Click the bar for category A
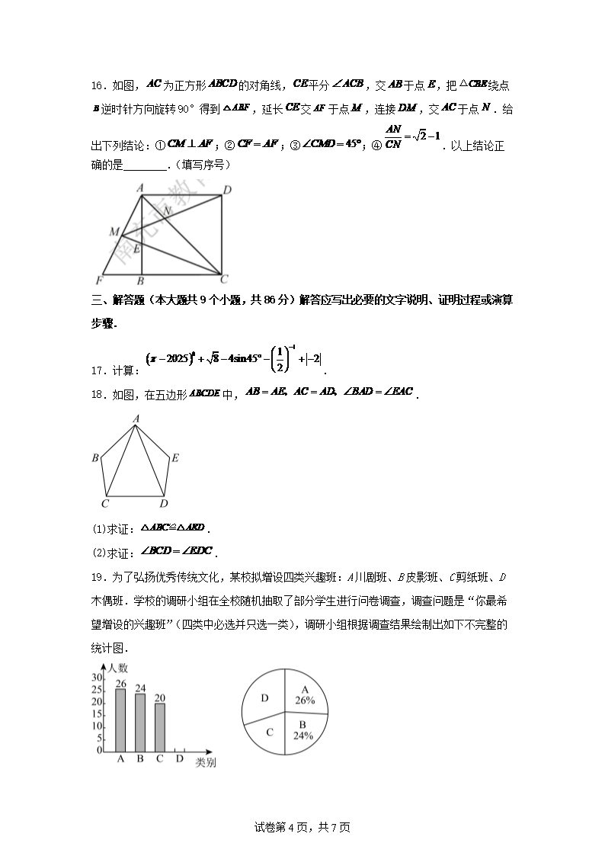(120, 720)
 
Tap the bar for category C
(159, 726)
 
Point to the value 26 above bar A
(120, 684)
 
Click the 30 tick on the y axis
(97, 678)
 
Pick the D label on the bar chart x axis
(180, 759)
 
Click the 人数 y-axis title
(117, 668)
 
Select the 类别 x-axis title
(205, 762)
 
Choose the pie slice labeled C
(268, 733)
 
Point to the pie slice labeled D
(264, 698)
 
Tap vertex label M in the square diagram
(114, 231)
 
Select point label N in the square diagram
(168, 211)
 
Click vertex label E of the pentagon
(174, 458)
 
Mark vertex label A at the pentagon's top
(136, 418)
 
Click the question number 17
(97, 371)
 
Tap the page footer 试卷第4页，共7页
(302, 827)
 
